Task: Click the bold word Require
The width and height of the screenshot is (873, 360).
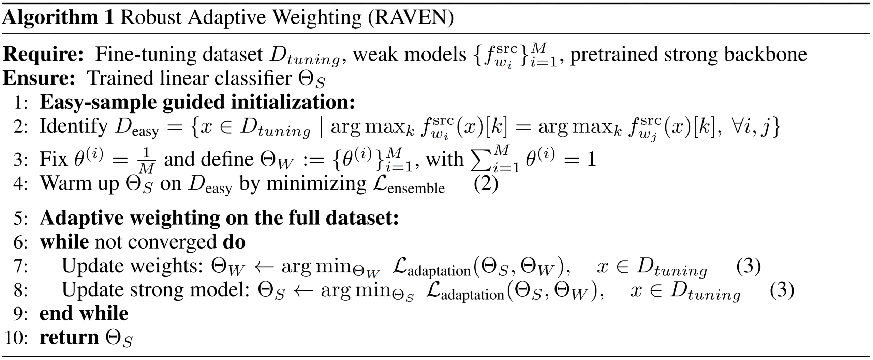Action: click(43, 55)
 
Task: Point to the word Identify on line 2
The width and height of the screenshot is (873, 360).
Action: click(74, 126)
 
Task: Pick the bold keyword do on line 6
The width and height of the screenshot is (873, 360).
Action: click(234, 242)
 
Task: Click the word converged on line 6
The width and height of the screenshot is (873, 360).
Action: click(172, 242)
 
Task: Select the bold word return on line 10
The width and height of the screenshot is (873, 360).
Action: click(69, 337)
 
